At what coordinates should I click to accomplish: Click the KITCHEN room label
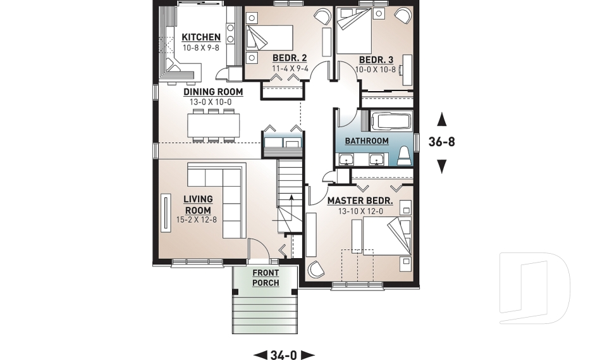201,37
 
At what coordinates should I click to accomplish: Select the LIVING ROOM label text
197,205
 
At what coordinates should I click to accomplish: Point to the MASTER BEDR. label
360,201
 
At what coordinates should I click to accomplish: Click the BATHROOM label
367,140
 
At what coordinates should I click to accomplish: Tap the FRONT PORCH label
266,278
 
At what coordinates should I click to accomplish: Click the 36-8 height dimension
441,142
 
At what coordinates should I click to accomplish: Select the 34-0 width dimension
284,355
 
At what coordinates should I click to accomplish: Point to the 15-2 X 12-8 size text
197,221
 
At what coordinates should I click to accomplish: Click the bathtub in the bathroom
390,121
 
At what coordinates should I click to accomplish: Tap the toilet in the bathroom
404,156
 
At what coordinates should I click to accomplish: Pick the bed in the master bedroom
382,237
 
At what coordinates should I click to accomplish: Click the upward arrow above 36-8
442,118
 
